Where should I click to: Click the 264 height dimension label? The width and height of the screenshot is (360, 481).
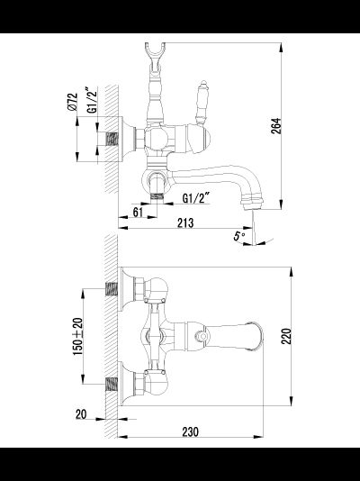click(275, 126)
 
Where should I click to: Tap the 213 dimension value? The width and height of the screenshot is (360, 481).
click(185, 223)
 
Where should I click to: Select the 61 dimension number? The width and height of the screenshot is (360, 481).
click(138, 212)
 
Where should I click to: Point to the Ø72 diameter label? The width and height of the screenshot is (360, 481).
click(72, 102)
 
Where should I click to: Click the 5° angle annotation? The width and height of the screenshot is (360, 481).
click(239, 236)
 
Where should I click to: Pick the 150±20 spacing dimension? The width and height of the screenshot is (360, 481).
click(77, 337)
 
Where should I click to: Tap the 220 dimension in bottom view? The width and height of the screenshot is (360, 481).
click(286, 336)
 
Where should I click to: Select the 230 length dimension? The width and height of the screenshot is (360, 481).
click(190, 432)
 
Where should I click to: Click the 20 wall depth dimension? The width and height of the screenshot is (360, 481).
click(81, 414)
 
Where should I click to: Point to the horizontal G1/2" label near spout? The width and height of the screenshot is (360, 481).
click(196, 198)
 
